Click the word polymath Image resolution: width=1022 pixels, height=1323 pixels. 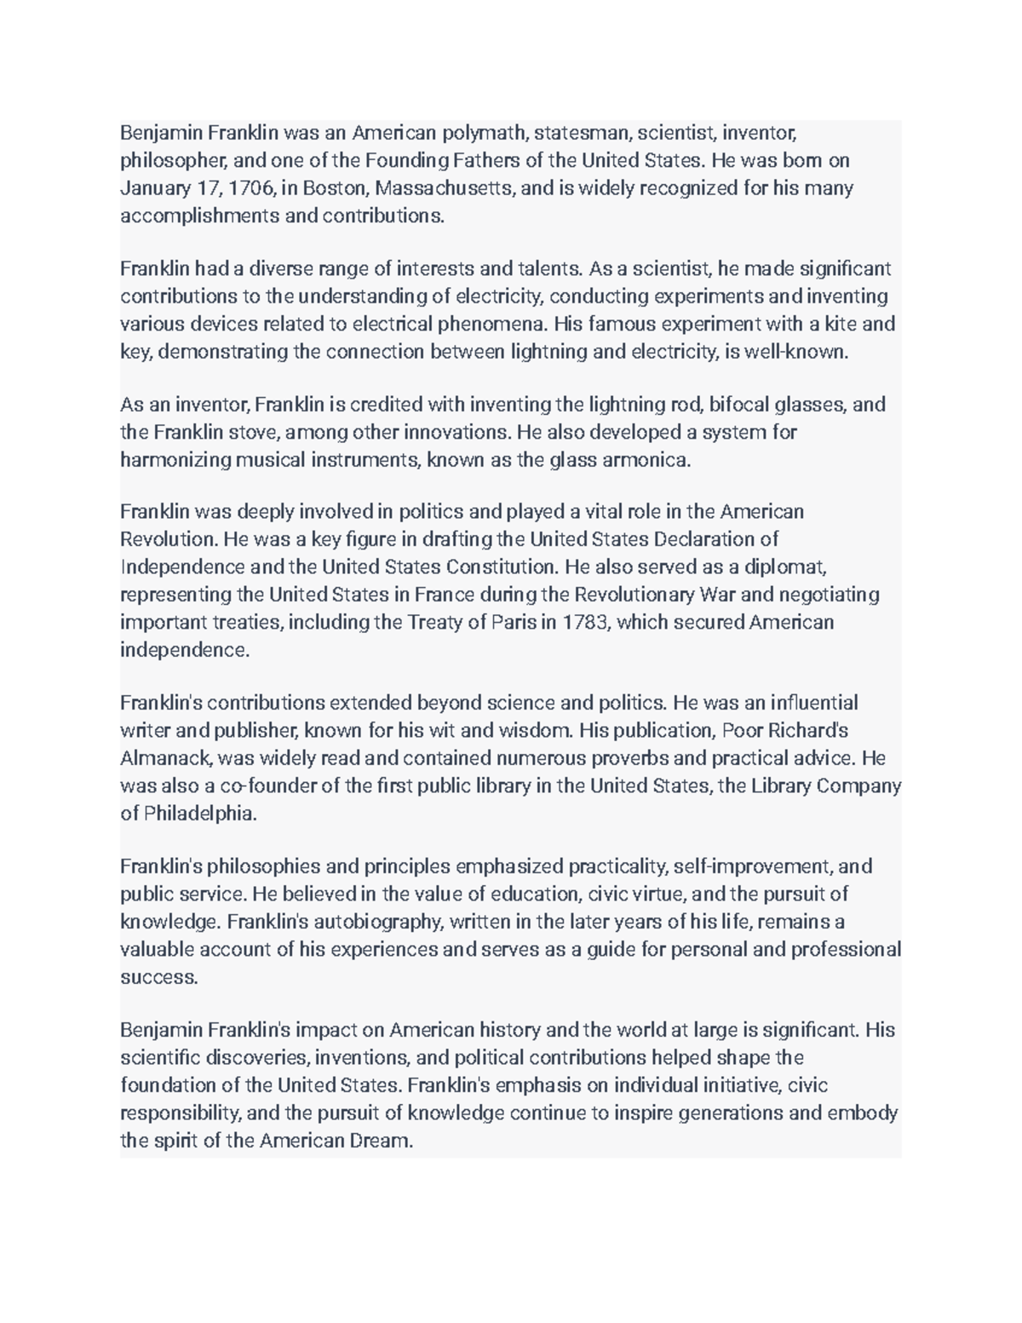click(484, 133)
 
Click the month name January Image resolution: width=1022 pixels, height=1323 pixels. click(153, 188)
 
